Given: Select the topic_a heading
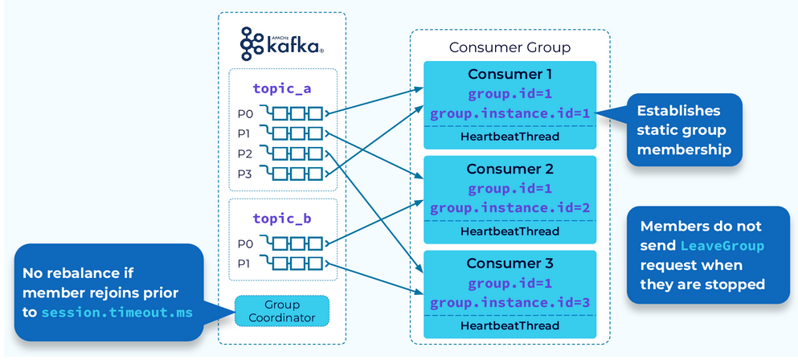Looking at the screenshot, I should click(x=282, y=88).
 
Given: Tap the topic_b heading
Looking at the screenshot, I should click(x=282, y=218).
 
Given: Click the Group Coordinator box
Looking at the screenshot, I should click(x=282, y=311).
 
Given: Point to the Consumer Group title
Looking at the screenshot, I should click(x=509, y=47).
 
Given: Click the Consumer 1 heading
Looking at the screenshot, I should click(x=509, y=75).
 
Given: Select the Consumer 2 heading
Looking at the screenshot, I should click(x=509, y=170).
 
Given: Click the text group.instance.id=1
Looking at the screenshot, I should click(x=509, y=113).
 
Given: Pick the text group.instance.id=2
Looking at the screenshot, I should click(x=509, y=208).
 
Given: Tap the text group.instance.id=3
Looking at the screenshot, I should click(x=509, y=303).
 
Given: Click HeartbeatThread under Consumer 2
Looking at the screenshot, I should click(x=509, y=231).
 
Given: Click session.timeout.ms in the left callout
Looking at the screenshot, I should click(x=118, y=312).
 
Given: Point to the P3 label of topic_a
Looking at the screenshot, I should click(x=244, y=173).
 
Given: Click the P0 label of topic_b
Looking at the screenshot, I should click(x=244, y=243).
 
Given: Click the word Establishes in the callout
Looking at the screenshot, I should click(x=678, y=111).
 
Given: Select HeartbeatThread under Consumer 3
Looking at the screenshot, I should click(x=509, y=326).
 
